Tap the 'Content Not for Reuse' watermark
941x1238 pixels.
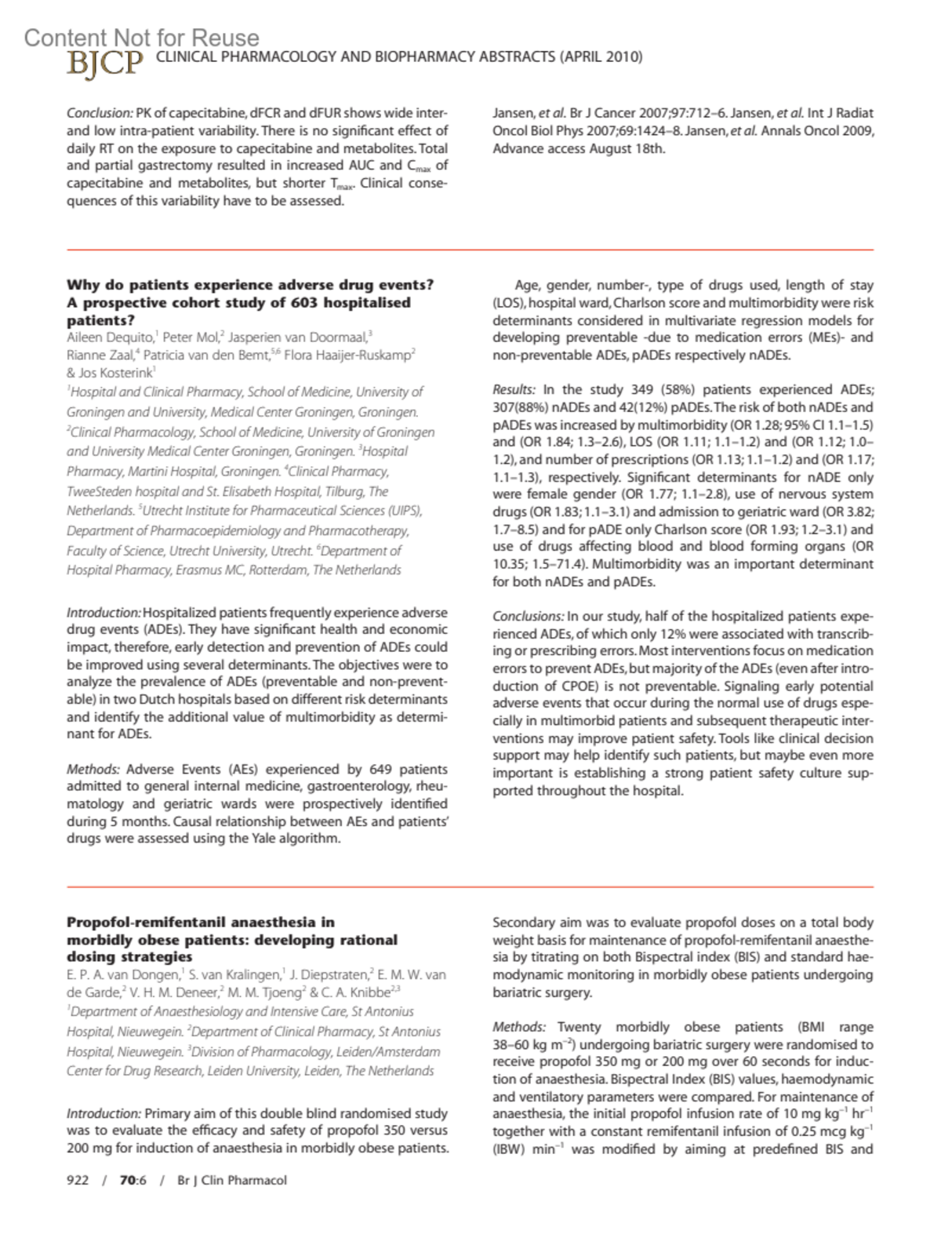141,38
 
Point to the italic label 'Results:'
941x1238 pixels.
514,390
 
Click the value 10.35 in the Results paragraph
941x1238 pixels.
510,564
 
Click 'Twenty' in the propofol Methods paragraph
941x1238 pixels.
582,1027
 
